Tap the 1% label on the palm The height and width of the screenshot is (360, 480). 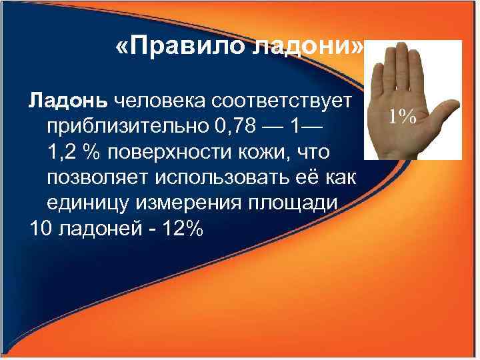(403, 116)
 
